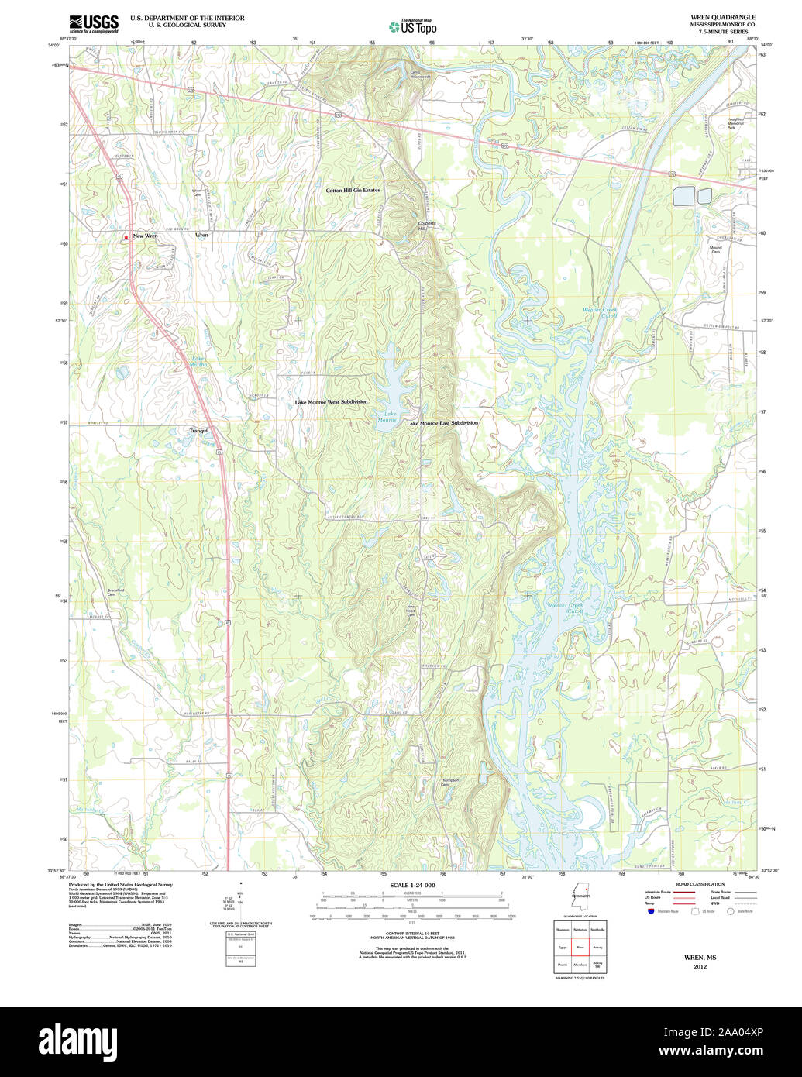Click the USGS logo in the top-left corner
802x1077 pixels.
[94, 24]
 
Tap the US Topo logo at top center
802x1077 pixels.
[412, 26]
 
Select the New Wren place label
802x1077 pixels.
[145, 236]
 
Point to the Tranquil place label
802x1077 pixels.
[199, 430]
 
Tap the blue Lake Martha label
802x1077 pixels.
[200, 361]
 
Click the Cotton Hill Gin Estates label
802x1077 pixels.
[353, 190]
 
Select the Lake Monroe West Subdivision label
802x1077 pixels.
[331, 402]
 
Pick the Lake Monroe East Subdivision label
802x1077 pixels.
[442, 423]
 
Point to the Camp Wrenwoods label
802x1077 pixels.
[420, 75]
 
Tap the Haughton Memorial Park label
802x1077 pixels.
[735, 123]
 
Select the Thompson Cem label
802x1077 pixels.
[449, 783]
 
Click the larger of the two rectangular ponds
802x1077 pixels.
[683, 196]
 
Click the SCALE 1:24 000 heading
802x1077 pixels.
[412, 885]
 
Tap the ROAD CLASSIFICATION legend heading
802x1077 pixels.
[700, 884]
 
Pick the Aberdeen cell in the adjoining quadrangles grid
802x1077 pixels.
[580, 965]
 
